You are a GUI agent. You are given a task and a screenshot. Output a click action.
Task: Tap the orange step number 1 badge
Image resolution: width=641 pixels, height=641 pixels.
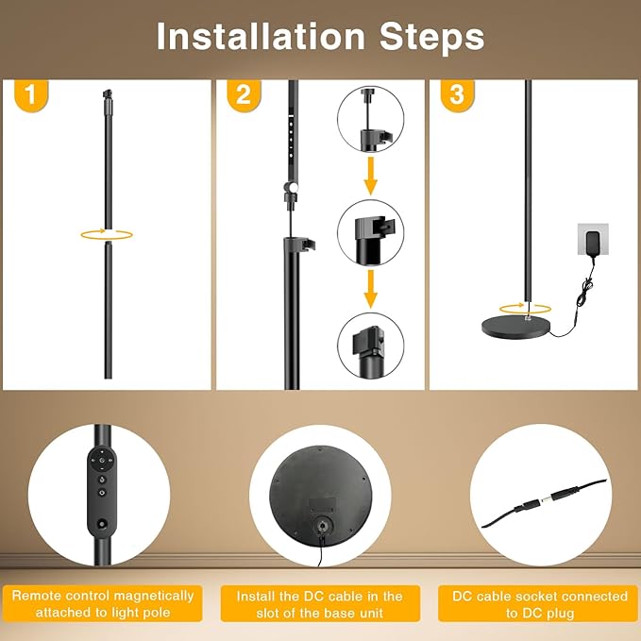[x=31, y=95]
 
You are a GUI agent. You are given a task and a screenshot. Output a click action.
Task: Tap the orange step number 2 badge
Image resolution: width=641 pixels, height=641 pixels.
[x=244, y=95]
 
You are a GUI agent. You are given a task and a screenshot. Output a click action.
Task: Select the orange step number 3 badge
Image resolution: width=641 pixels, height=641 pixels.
[x=457, y=95]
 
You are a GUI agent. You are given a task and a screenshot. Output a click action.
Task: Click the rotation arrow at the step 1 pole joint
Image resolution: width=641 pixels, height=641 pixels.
[x=106, y=233]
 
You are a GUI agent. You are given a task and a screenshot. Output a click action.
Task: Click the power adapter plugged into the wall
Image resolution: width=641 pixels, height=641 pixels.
[x=593, y=240]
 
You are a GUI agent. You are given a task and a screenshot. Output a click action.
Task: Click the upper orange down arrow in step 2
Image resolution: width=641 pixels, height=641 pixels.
[x=371, y=176]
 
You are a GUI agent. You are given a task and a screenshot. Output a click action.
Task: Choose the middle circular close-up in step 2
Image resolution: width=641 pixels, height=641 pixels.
[x=371, y=233]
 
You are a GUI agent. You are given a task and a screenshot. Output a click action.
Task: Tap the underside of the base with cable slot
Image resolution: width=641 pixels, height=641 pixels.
[x=320, y=495]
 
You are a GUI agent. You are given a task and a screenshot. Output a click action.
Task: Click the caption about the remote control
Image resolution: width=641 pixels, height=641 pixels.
[x=104, y=604]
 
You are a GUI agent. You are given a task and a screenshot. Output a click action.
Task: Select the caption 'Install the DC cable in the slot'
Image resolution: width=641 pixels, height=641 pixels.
[x=320, y=604]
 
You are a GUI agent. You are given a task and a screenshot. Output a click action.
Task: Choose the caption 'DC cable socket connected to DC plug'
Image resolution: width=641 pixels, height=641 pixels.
[x=539, y=604]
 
